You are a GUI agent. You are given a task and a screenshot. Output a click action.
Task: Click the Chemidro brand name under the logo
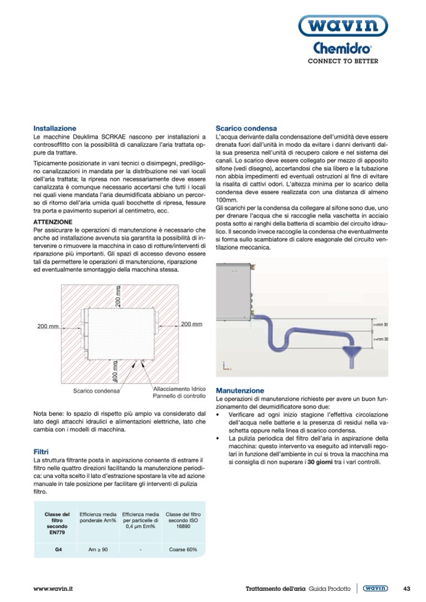click(x=342, y=50)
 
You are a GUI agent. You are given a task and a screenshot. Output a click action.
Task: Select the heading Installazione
click(x=55, y=127)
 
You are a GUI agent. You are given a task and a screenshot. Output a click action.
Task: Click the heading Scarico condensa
click(x=246, y=127)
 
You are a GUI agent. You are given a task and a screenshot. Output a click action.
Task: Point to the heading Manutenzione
click(x=240, y=390)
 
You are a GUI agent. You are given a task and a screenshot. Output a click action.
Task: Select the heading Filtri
click(x=41, y=451)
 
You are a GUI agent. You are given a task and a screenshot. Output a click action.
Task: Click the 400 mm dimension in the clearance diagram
click(x=115, y=370)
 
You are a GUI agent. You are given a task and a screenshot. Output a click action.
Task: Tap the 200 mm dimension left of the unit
click(x=48, y=326)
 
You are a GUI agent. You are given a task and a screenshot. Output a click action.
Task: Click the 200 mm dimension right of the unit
click(x=191, y=324)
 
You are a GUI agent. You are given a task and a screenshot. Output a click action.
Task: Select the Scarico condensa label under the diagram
click(x=96, y=390)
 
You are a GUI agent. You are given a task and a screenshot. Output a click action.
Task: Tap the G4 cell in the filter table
click(x=58, y=550)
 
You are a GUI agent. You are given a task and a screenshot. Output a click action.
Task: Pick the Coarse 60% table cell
click(x=183, y=550)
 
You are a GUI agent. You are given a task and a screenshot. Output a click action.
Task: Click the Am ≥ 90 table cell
click(x=98, y=550)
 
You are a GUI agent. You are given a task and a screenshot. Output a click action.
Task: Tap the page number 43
click(x=407, y=588)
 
